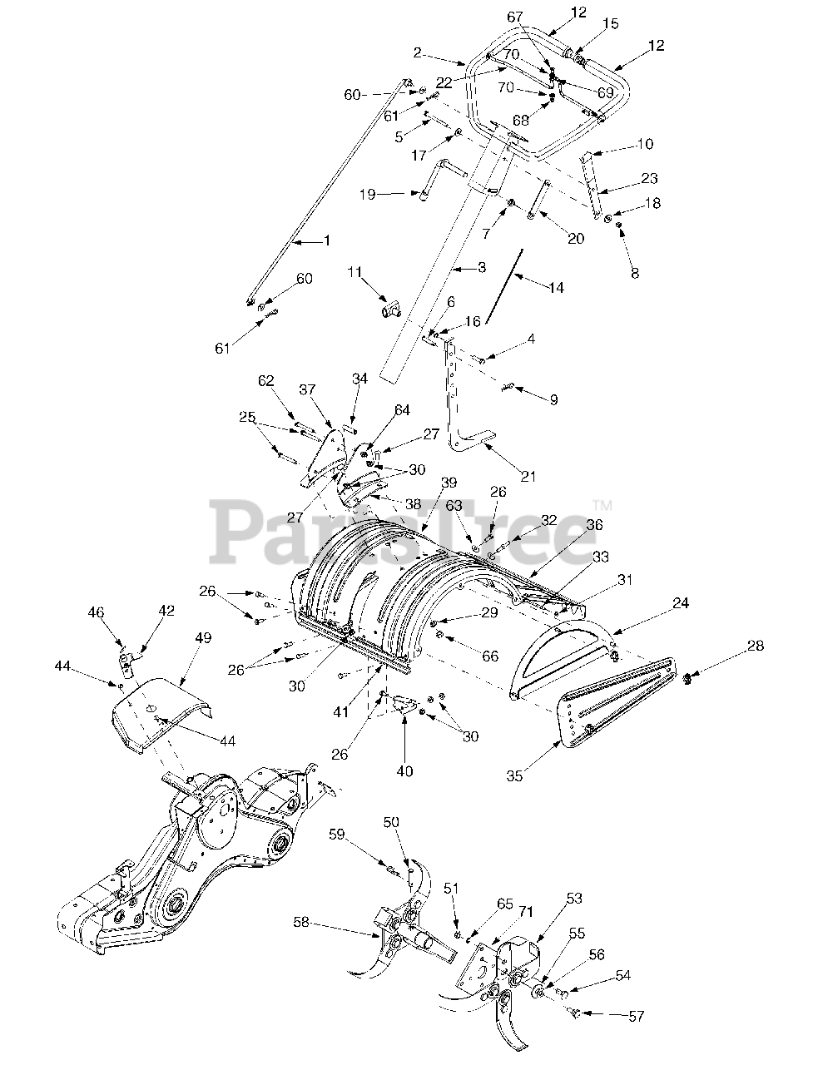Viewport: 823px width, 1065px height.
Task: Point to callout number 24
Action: (x=681, y=604)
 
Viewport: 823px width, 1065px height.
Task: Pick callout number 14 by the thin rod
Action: (x=556, y=287)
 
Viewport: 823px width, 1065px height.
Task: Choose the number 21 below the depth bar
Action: (x=528, y=476)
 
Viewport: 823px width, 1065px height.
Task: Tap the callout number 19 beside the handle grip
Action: (x=365, y=195)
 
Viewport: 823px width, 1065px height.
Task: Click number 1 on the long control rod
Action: (x=326, y=240)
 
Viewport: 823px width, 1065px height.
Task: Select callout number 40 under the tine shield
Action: (x=404, y=770)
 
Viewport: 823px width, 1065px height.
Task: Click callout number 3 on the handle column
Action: (x=480, y=267)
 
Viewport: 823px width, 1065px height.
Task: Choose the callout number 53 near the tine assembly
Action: (x=575, y=899)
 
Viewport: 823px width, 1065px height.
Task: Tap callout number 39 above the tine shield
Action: (x=449, y=483)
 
